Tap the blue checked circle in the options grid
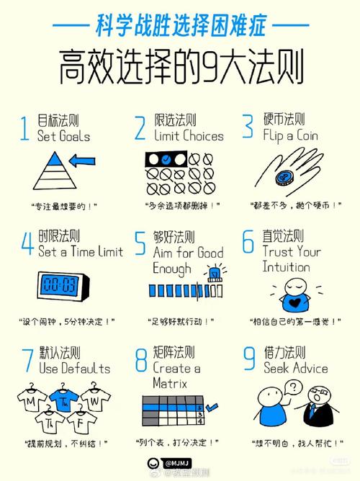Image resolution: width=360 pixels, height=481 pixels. (x=166, y=158)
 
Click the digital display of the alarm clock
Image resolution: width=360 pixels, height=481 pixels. (x=62, y=282)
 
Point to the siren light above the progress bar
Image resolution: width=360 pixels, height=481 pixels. (x=213, y=272)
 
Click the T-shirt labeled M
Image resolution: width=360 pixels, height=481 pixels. (x=32, y=400)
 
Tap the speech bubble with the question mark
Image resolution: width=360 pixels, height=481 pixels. (x=292, y=389)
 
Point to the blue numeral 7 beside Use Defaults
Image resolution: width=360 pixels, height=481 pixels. (x=27, y=359)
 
